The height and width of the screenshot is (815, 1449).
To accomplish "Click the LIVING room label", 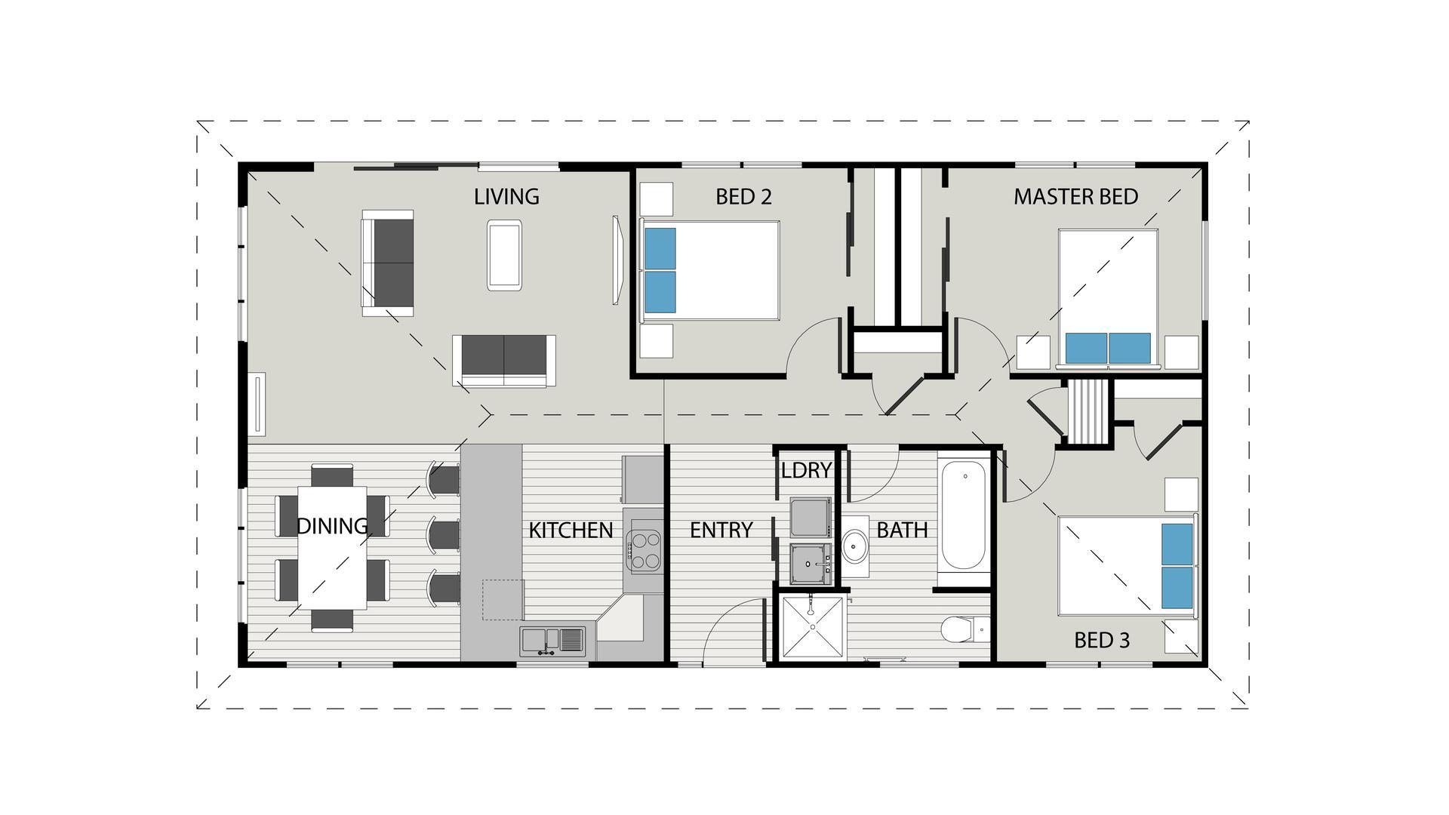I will click(506, 197).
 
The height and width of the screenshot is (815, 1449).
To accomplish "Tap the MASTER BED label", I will click(1075, 197).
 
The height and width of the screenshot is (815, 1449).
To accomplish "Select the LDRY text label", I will click(805, 471).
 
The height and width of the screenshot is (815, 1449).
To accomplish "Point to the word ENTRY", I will click(721, 531).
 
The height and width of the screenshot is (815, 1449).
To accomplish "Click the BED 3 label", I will click(1101, 641).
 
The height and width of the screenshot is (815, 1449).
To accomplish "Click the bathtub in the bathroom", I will click(963, 516).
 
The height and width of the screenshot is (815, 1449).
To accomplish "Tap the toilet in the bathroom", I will click(964, 629).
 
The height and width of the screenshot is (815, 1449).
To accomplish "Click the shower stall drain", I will click(811, 626).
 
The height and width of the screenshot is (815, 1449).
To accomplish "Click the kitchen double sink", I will click(552, 641).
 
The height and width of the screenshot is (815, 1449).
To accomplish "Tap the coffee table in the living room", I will click(504, 255).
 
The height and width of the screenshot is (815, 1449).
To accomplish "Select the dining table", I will click(332, 547).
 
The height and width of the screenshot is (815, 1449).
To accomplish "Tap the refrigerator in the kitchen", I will click(641, 479).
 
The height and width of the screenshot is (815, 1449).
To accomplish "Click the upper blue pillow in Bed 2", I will click(660, 248).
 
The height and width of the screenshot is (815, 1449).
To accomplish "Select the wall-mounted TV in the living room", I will click(617, 260).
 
